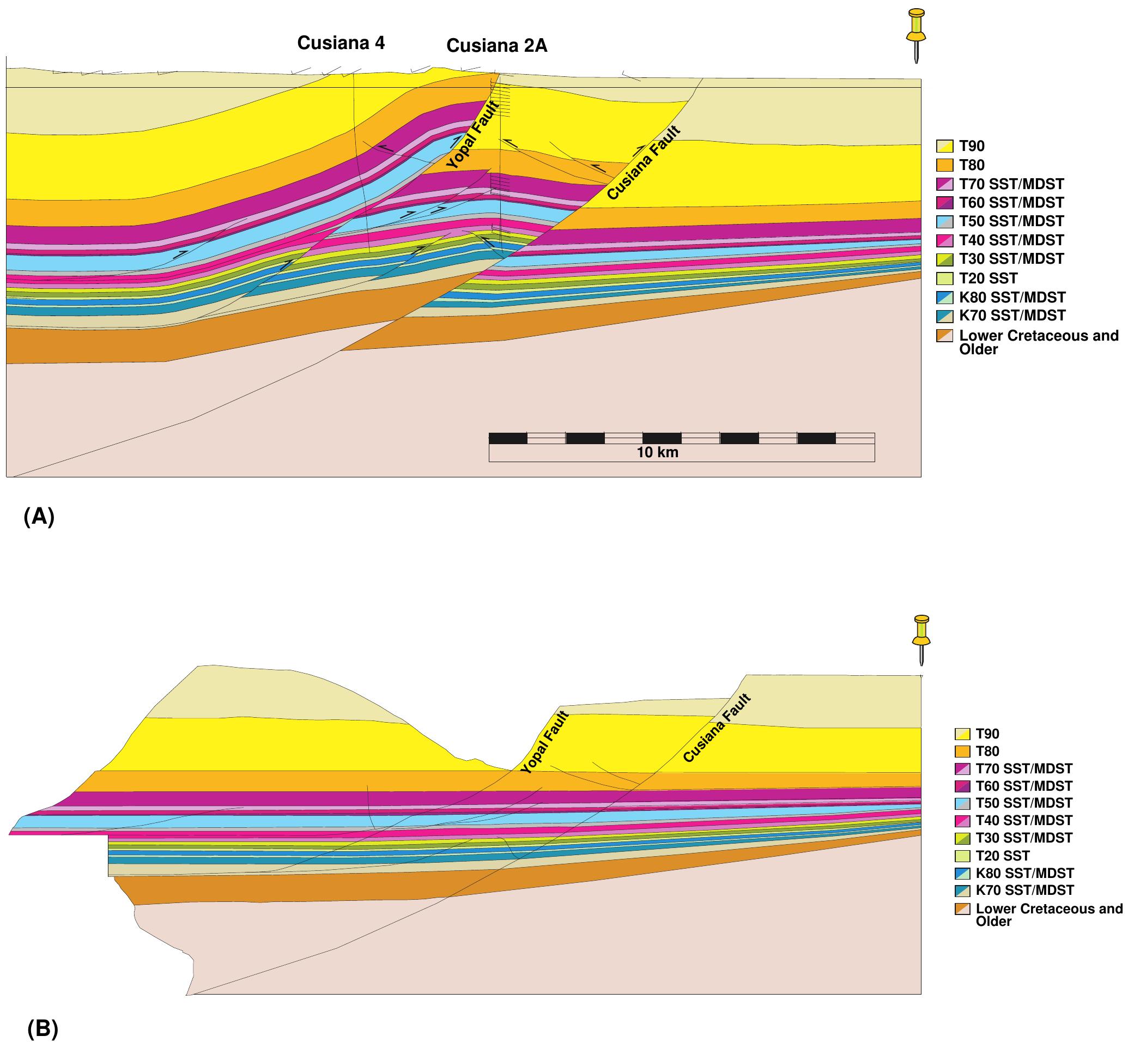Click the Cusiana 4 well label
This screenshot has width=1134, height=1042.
tap(341, 43)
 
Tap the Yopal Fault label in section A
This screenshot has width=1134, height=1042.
tap(472, 135)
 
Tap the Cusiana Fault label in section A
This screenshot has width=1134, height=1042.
tap(644, 163)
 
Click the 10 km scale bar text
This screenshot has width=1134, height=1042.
tap(658, 452)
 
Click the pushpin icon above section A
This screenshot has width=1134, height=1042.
tap(916, 34)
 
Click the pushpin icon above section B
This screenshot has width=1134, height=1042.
tap(921, 639)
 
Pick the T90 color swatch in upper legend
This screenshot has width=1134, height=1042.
tap(944, 146)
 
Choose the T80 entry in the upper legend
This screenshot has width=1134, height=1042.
tap(971, 165)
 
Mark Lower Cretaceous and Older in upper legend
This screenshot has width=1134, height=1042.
tap(1038, 342)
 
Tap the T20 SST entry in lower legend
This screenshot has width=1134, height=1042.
tap(1002, 856)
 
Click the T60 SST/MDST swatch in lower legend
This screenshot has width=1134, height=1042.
tap(962, 786)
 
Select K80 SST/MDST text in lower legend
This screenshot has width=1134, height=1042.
tap(1024, 873)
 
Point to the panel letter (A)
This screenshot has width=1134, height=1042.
tap(39, 516)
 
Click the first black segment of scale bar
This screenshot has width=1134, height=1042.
tap(507, 438)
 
